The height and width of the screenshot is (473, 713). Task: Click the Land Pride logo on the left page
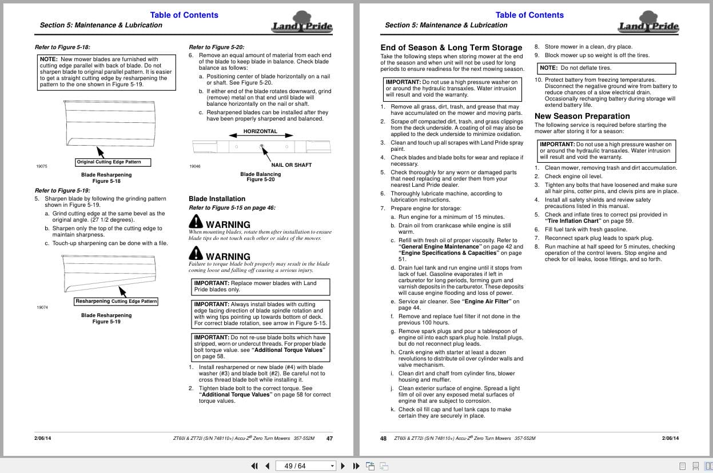pyautogui.click(x=302, y=24)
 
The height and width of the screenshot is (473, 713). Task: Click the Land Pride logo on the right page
pyautogui.click(x=648, y=24)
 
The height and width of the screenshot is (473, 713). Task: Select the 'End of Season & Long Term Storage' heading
pyautogui.click(x=451, y=47)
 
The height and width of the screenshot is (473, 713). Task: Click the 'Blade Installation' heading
pyautogui.click(x=217, y=199)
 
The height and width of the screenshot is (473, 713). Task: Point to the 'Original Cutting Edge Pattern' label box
pyautogui.click(x=109, y=162)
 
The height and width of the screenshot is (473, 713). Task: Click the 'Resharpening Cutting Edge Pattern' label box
pyautogui.click(x=116, y=301)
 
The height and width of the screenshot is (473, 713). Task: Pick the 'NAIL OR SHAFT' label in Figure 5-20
pyautogui.click(x=291, y=165)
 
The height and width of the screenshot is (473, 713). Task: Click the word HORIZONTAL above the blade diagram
pyautogui.click(x=260, y=131)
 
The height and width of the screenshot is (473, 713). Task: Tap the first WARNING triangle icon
pyautogui.click(x=196, y=221)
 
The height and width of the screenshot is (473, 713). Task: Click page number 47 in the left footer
pyautogui.click(x=329, y=439)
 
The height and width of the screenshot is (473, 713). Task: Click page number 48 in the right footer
pyautogui.click(x=383, y=439)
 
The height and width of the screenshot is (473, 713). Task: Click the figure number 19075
pyautogui.click(x=42, y=166)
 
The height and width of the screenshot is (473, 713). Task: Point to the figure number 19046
pyautogui.click(x=194, y=166)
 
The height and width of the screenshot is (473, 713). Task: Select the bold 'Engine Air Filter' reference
pyautogui.click(x=486, y=302)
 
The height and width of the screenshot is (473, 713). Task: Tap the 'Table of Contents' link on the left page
pyautogui.click(x=184, y=15)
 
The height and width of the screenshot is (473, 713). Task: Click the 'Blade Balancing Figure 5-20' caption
pyautogui.click(x=260, y=177)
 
